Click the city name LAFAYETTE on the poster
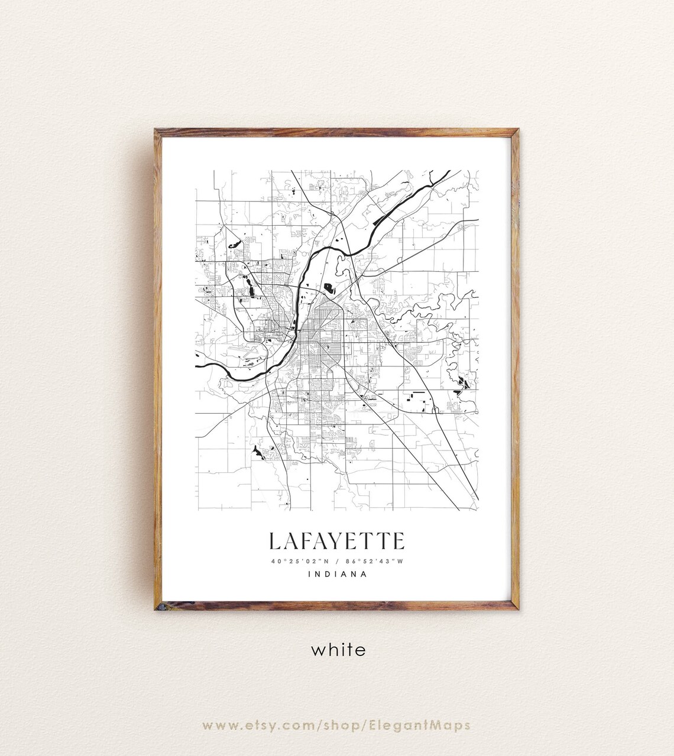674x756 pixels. [x=337, y=541]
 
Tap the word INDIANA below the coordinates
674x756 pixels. [x=338, y=573]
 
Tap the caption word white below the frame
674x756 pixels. [x=338, y=650]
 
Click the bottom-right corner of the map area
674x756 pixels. [x=478, y=510]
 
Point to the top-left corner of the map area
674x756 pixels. [x=196, y=171]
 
